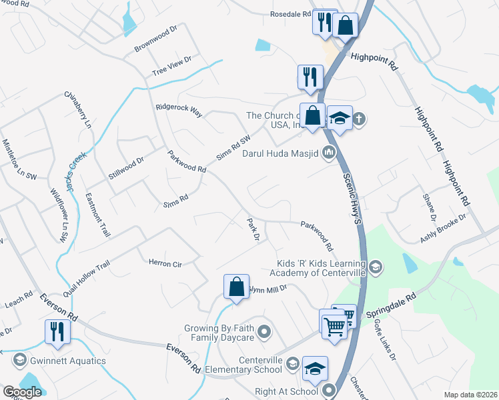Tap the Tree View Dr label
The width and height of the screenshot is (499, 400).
171,66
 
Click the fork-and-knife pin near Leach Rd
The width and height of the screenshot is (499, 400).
57,331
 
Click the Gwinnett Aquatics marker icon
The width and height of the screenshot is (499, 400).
19,361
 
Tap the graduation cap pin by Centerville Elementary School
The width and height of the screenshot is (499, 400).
316,368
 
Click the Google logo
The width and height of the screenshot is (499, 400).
23,392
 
